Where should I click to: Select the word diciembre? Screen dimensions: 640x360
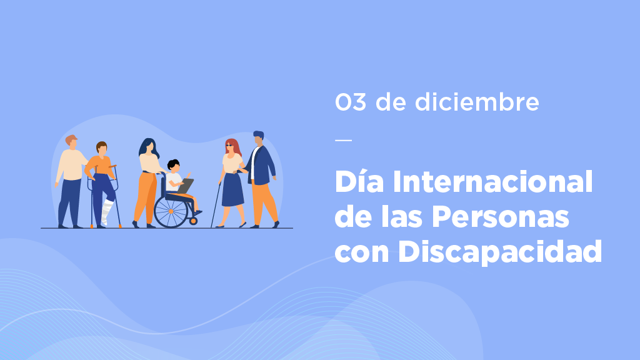coord(477,101)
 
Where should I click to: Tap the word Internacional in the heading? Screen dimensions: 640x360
coord(492,182)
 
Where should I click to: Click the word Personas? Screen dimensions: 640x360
coord(501,217)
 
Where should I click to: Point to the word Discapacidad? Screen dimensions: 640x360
coord(500,251)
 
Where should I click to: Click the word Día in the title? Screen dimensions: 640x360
coord(359,181)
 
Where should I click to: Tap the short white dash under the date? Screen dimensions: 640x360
coord(343,140)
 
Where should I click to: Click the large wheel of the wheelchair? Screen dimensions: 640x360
coord(171,211)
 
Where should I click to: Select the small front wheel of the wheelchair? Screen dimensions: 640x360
coord(194,221)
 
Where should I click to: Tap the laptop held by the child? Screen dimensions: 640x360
coord(185,186)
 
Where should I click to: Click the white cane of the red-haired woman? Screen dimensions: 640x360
coord(216,205)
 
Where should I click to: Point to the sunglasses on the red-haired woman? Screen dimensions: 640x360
coord(229,145)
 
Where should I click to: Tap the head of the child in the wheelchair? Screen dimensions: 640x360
coord(174,166)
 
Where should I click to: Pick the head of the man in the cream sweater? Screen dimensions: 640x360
coord(71,142)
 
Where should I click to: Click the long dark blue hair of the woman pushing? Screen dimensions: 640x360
coord(147,147)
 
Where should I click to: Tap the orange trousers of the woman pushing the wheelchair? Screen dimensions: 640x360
coord(145,197)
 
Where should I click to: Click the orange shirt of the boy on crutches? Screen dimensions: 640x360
coord(99,166)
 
